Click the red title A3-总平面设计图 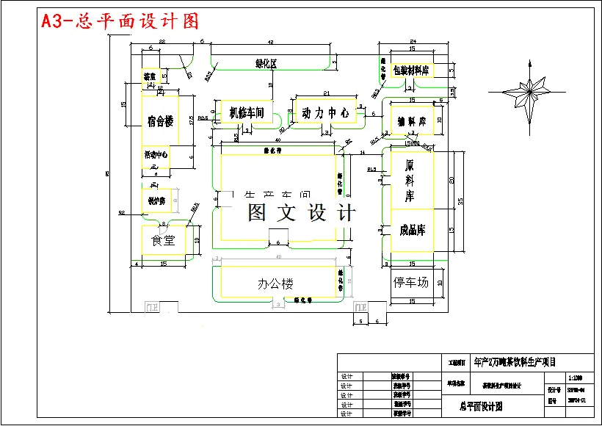click(120, 21)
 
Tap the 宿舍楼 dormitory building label click(160, 121)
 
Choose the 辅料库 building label click(412, 120)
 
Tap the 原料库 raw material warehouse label click(410, 179)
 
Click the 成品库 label click(412, 230)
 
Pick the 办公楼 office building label click(275, 284)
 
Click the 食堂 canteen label click(162, 240)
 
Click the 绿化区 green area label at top click(266, 64)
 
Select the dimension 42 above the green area click(270, 43)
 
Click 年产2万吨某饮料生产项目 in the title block click(515, 361)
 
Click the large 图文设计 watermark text click(301, 213)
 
